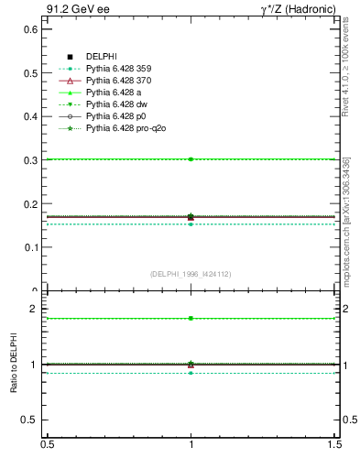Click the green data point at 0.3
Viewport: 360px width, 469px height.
coord(191,159)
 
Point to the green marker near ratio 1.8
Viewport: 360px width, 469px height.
coord(191,318)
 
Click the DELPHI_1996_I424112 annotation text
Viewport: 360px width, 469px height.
coord(191,273)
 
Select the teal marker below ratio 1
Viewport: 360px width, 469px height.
coord(191,373)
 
